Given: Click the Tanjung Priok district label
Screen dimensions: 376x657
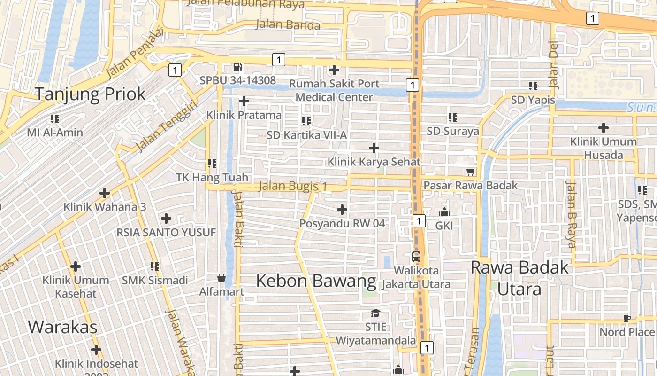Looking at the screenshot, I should point(91,94).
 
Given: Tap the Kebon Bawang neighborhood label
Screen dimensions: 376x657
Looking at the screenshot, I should point(316,281).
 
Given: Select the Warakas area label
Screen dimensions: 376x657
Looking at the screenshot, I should point(62,327).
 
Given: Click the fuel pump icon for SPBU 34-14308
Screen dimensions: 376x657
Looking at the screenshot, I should point(238,67).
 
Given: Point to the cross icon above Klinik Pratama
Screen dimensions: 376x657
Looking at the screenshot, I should point(244,101).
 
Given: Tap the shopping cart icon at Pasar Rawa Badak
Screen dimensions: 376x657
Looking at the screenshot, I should point(470,172).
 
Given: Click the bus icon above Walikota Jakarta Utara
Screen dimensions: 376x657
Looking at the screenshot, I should point(416,257).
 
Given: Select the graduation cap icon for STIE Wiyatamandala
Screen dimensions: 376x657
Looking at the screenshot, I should point(375,313).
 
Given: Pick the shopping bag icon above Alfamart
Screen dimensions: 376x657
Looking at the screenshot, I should point(222,278).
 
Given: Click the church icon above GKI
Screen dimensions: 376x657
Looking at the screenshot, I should point(444,212).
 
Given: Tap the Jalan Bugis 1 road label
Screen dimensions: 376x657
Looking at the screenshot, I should point(293,187).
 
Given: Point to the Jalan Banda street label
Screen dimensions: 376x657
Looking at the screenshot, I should point(288,24).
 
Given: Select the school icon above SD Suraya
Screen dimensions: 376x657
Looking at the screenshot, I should point(452,117).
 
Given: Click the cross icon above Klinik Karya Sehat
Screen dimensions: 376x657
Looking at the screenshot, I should point(374,149).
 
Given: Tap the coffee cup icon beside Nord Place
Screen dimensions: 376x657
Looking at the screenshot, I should point(627,318).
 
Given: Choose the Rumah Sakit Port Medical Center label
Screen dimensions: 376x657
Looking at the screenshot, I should point(334,90).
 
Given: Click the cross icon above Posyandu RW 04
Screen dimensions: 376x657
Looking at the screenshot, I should point(342,209).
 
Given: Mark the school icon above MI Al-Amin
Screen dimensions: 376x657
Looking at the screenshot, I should point(55,119).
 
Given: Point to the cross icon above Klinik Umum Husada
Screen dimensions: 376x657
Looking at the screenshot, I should point(604,128).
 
